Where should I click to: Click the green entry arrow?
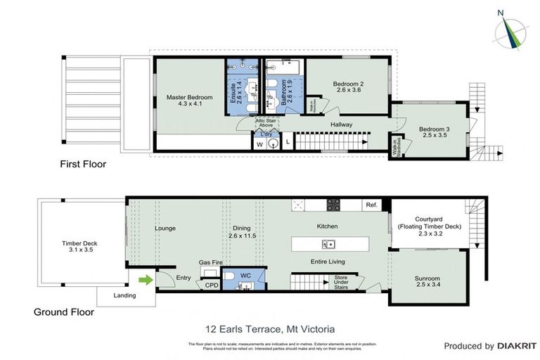click(x=146, y=279)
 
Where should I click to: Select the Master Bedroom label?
click(x=189, y=101)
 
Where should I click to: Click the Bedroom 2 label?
click(x=348, y=86)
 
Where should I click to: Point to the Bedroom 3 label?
click(x=434, y=133)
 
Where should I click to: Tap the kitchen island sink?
click(x=328, y=244)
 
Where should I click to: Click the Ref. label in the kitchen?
click(x=371, y=205)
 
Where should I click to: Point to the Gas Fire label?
click(x=211, y=262)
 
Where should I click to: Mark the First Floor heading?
click(x=83, y=165)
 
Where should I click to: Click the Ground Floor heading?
click(x=63, y=311)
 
